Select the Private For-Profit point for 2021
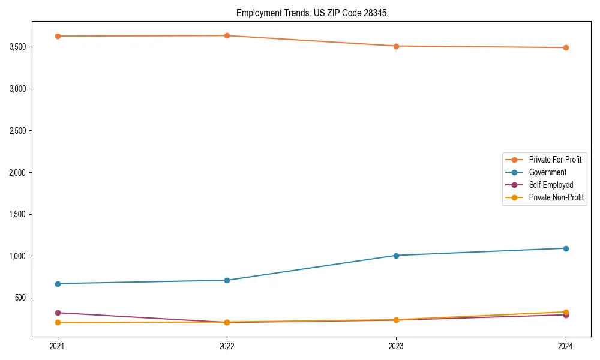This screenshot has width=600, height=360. (x=58, y=36)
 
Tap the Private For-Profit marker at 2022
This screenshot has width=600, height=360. (x=227, y=35)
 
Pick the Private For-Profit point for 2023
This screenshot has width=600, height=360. (x=396, y=46)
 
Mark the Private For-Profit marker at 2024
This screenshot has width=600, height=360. (x=566, y=47)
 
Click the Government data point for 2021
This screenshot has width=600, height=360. (x=58, y=284)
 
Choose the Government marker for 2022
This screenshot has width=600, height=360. (x=227, y=280)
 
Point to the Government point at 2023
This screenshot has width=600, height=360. (x=396, y=256)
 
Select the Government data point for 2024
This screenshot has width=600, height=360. (x=566, y=248)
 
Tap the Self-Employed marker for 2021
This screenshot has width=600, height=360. (x=58, y=313)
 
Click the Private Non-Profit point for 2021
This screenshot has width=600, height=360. (x=58, y=323)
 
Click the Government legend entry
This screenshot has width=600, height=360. (x=547, y=172)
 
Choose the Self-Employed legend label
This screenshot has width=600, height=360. (x=551, y=185)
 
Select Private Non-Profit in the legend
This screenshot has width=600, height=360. (x=556, y=197)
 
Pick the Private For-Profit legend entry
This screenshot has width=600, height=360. (x=555, y=160)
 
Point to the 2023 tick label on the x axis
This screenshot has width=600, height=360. (x=396, y=346)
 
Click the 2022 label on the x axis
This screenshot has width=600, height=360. (x=227, y=346)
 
